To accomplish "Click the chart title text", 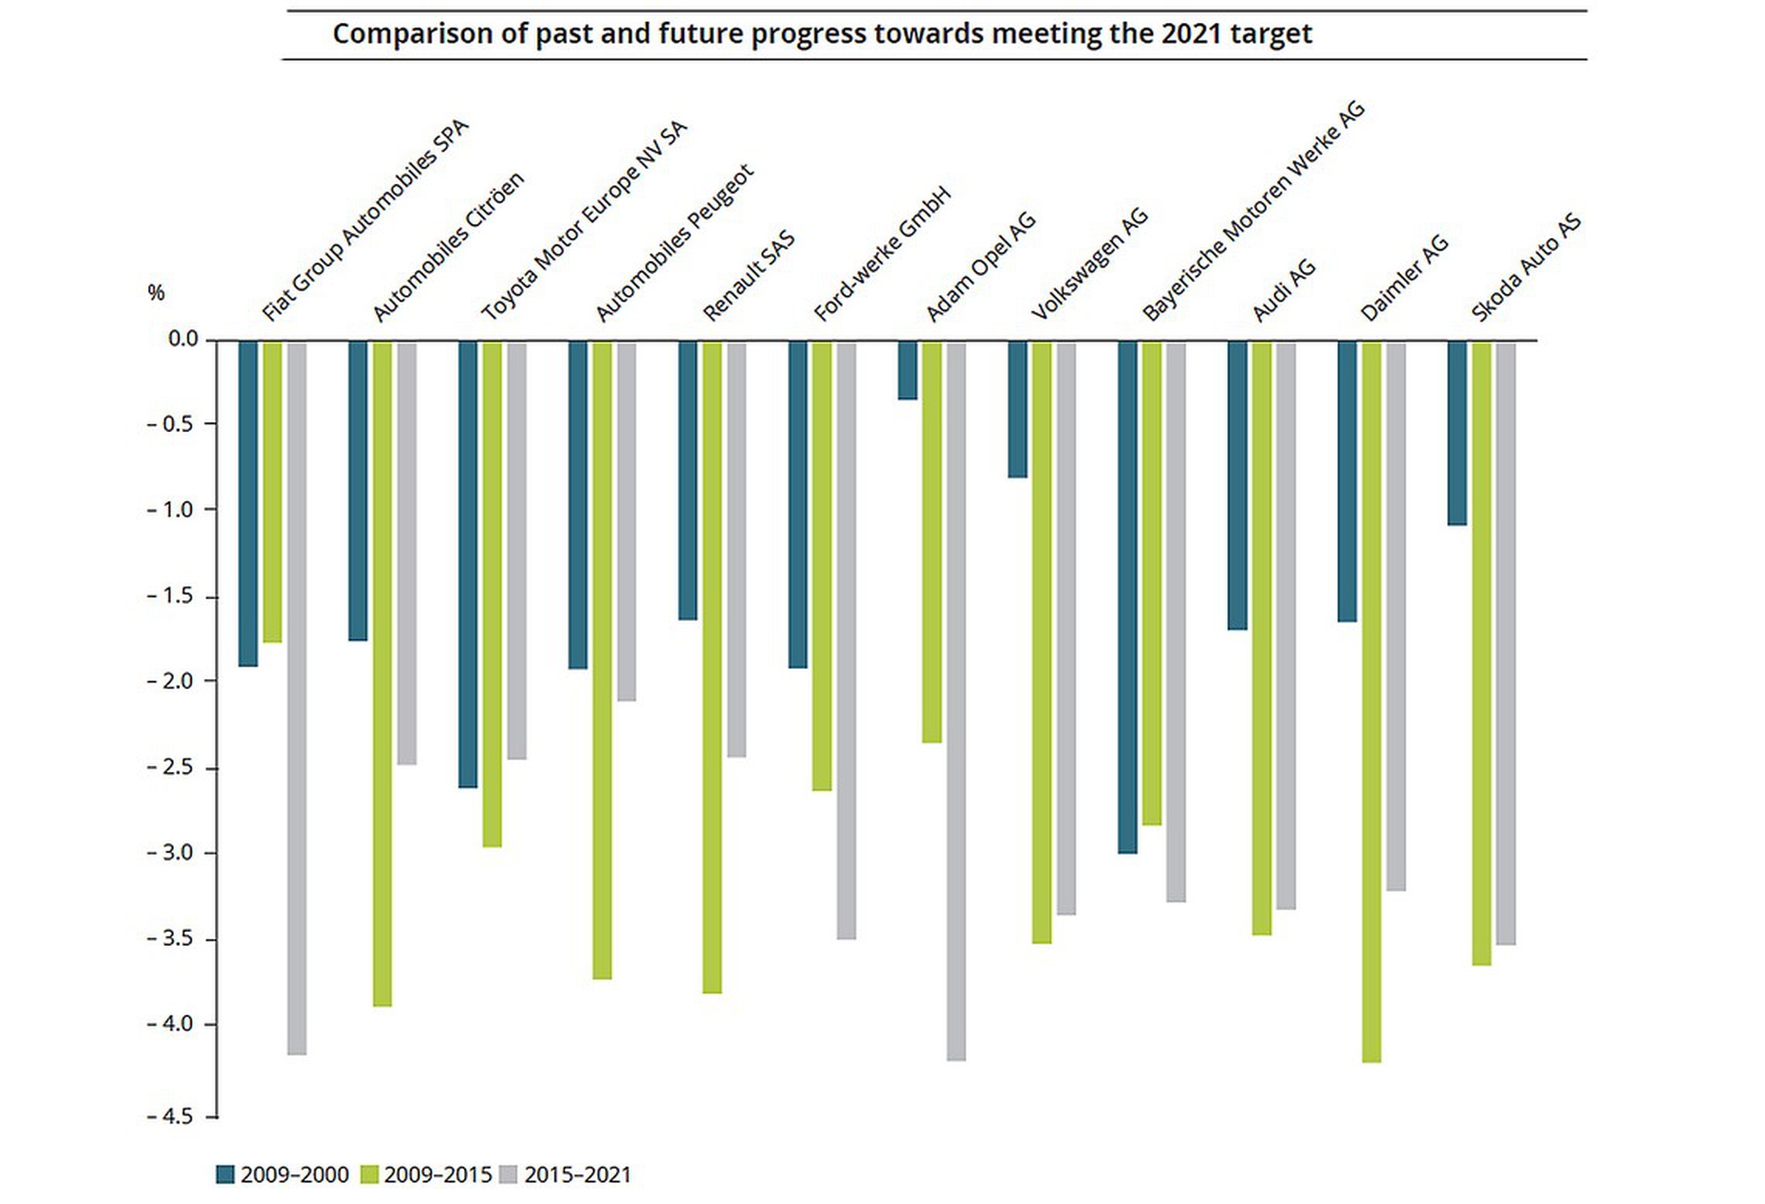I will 822,34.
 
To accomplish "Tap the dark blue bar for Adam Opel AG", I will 907,370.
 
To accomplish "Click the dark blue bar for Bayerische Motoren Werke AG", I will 1127,596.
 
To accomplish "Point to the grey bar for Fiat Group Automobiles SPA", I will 297,699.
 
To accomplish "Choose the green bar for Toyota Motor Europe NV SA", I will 492,594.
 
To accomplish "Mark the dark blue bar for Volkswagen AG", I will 1018,409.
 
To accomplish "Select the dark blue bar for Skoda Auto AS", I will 1457,433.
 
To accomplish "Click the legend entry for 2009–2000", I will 283,1175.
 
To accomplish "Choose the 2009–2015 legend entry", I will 427,1175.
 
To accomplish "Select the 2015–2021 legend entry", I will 566,1175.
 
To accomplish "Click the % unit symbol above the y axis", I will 156,292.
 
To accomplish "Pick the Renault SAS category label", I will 748,276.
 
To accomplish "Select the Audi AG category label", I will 1284,290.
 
